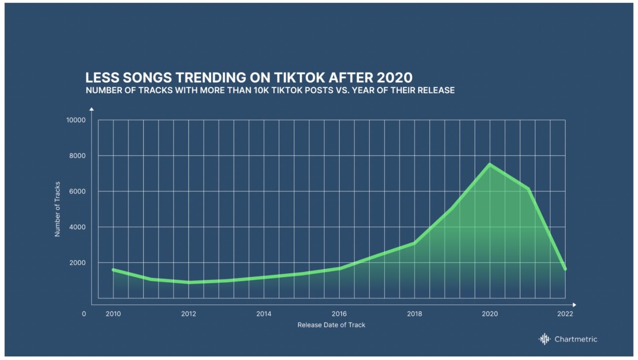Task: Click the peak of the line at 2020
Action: click(x=489, y=164)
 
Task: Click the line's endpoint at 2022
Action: click(x=565, y=269)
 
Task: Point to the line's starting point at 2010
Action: click(x=113, y=269)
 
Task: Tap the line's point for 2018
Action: click(x=414, y=243)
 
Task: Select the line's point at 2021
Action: click(x=528, y=189)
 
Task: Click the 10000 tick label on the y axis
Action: click(x=76, y=120)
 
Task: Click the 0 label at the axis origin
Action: click(x=84, y=314)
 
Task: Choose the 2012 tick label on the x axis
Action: click(x=189, y=314)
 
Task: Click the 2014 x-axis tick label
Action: click(x=264, y=314)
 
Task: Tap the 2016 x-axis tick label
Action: click(x=339, y=314)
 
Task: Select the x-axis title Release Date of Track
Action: click(x=331, y=325)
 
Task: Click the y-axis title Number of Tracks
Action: click(x=57, y=209)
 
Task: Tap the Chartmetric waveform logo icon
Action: click(x=544, y=339)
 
